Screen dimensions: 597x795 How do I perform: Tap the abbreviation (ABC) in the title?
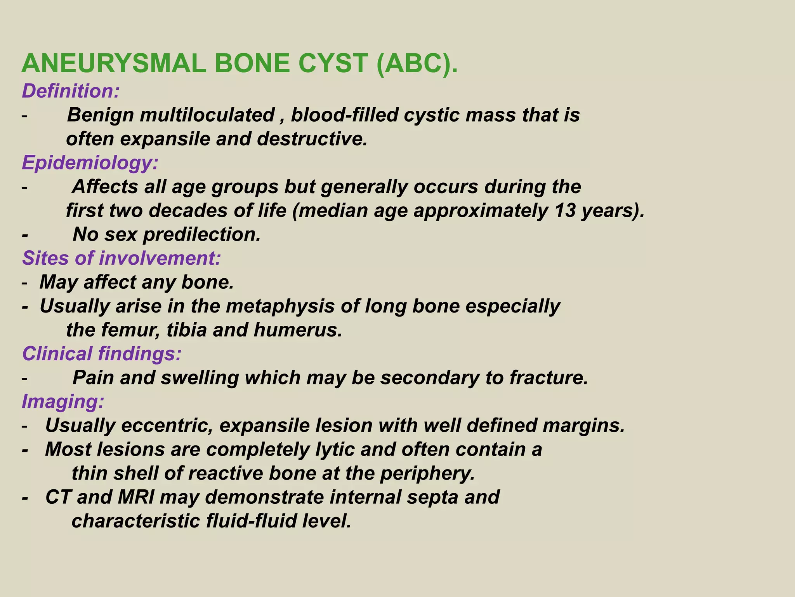[x=417, y=63]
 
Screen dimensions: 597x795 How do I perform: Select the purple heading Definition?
[x=71, y=91]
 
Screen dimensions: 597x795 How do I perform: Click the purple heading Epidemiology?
[x=90, y=162]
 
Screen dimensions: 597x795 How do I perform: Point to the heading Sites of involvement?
[x=122, y=258]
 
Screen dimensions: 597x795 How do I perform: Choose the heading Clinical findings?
[x=102, y=354]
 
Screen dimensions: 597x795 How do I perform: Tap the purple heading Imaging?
[x=63, y=401]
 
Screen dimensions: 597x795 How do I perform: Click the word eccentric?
[x=167, y=426]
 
